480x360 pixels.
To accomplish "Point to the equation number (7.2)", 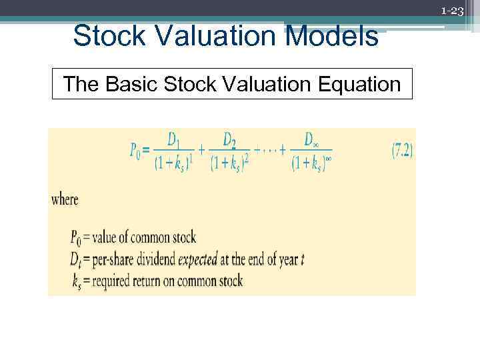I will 402,151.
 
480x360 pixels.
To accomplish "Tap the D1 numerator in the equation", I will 173,141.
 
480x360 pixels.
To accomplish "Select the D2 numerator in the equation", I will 230,141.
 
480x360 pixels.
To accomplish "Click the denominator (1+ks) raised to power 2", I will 230,163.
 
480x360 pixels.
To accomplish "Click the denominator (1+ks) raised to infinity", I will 312,163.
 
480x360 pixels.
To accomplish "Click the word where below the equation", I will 65,199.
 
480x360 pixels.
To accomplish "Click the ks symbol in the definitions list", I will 77,281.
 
